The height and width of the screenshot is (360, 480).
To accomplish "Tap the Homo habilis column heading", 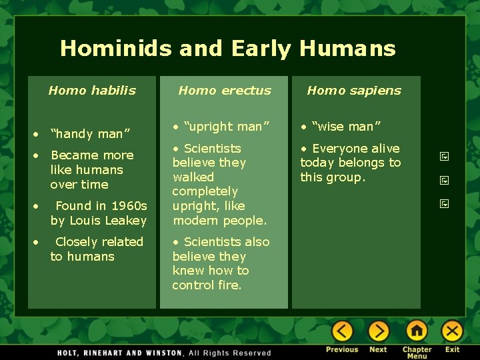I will (92, 91).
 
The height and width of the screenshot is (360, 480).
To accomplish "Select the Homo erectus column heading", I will (225, 91).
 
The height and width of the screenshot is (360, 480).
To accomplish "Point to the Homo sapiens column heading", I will (354, 91).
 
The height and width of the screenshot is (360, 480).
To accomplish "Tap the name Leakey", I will (126, 221).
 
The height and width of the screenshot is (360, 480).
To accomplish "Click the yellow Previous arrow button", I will (342, 331).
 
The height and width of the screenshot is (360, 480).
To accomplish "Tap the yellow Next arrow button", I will (378, 331).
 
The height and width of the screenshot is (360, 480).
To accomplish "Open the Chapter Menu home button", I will (417, 331).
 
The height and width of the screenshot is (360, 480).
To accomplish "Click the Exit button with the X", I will (452, 331).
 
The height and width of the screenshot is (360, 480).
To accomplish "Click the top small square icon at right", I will (444, 157).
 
